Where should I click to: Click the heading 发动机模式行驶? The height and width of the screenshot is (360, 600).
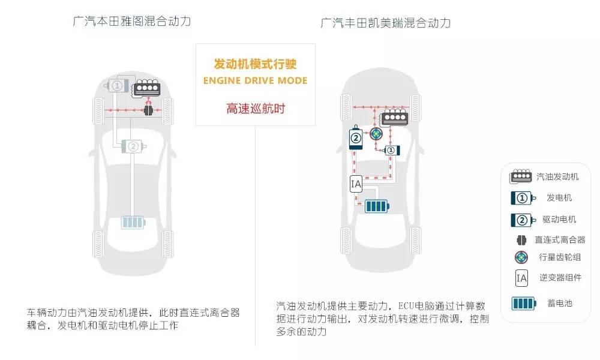(x=255, y=64)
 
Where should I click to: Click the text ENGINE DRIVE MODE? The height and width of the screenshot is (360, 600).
(x=255, y=81)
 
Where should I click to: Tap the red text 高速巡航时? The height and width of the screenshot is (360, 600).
(x=256, y=108)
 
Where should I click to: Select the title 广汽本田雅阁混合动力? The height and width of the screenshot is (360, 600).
(x=131, y=20)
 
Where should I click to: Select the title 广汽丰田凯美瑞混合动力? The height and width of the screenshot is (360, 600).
(x=385, y=23)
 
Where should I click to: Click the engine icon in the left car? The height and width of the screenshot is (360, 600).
(x=146, y=88)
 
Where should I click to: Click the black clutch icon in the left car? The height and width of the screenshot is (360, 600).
(x=148, y=110)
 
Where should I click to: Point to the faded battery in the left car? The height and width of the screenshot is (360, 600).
(x=133, y=222)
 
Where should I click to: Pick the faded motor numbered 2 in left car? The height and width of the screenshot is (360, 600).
(x=133, y=146)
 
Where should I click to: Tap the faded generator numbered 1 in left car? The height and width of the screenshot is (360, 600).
(x=117, y=85)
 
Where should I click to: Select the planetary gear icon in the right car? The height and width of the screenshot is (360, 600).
(x=376, y=134)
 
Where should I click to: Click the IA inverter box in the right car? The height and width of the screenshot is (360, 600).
(x=356, y=184)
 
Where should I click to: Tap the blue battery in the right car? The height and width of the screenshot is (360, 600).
(x=377, y=206)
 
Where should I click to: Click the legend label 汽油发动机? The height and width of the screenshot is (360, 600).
(x=557, y=176)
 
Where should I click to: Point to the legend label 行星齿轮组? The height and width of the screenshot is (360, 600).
(x=560, y=257)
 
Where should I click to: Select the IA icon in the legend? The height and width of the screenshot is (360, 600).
(x=521, y=278)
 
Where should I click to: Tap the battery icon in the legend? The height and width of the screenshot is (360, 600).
(x=524, y=304)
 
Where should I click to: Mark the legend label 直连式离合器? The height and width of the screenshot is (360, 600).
(x=560, y=239)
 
